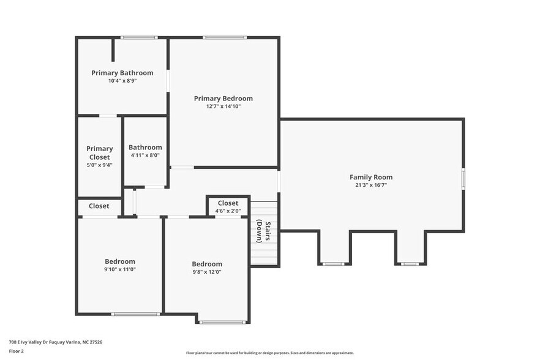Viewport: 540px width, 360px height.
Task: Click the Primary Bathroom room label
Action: pos(122,73)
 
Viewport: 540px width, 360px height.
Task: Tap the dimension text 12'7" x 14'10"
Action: pos(223,107)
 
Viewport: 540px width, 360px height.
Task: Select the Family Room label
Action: pos(371,178)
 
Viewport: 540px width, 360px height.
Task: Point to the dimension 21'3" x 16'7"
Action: pos(371,185)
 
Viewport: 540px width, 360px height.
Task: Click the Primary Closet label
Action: pos(99,153)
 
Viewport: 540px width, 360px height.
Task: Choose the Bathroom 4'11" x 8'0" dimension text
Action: pos(145,156)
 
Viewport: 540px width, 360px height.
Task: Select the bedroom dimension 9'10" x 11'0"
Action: pos(120,269)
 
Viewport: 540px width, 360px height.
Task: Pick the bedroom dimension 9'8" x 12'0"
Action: pos(207,272)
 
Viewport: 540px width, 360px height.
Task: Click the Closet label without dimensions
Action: pos(99,206)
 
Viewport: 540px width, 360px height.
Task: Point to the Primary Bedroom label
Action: pos(223,99)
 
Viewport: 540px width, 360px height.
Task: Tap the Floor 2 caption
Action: pos(16,351)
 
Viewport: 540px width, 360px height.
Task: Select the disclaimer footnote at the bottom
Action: pos(269,353)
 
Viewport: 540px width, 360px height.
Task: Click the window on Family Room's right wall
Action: pos(463,176)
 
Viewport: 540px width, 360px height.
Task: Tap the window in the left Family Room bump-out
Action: pos(334,264)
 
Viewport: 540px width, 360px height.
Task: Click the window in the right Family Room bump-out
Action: pos(410,264)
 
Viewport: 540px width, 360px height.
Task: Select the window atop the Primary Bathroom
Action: pos(138,38)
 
